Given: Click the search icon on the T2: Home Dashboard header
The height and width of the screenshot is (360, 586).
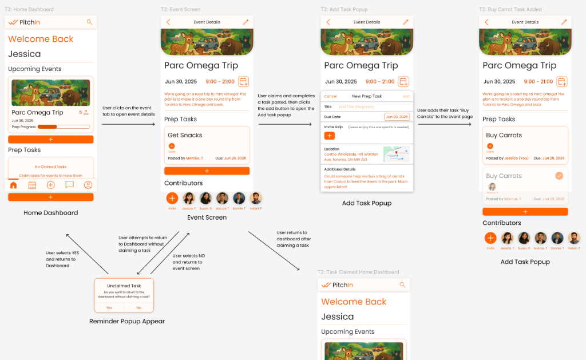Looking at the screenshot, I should point(89,22).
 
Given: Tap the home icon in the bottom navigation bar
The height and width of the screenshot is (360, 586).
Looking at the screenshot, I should point(14,185).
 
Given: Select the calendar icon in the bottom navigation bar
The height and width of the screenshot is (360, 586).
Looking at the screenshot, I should point(32,185).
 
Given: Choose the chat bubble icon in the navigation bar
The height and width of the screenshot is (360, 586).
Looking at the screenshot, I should point(69,185).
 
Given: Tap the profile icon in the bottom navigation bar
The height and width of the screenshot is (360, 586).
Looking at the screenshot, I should point(88,185).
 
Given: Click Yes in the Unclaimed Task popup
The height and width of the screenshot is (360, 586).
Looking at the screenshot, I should point(109,307).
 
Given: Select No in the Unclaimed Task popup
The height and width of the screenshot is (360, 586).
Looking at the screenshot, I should point(138,307).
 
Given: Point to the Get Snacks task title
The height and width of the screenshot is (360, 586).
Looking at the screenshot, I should point(185,135).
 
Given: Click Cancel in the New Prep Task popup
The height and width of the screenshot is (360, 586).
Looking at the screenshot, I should point(330,96).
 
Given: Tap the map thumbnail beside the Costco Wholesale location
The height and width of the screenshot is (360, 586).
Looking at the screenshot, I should point(397,154).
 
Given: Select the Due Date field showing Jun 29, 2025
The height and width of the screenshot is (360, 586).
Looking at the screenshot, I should point(397,117).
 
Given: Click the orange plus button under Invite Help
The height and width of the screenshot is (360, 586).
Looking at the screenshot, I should point(329,136).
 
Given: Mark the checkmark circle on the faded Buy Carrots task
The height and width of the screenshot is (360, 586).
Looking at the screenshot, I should point(559,176).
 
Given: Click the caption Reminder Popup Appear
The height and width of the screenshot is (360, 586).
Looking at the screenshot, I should point(127,322).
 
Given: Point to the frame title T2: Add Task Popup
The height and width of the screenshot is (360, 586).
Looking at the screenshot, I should point(344,9).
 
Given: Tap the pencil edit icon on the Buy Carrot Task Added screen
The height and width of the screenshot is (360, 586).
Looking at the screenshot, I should point(564,22).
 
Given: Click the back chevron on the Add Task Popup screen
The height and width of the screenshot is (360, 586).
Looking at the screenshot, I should point(328,22).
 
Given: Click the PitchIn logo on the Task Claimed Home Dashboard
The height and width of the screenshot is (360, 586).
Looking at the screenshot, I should point(337,284).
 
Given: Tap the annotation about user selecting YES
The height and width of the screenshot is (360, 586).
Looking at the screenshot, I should point(61,259).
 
